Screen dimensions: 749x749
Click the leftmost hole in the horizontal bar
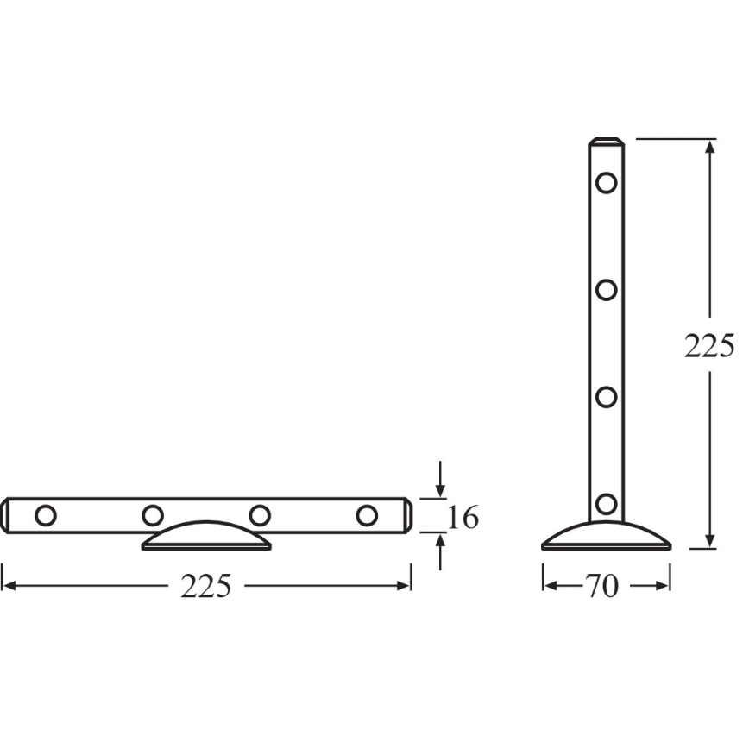tap(46, 516)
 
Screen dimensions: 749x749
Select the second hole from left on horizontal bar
tap(153, 516)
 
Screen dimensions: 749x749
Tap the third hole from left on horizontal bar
tap(260, 516)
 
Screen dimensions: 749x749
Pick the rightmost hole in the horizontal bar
tap(367, 516)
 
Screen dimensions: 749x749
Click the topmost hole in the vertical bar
tap(607, 183)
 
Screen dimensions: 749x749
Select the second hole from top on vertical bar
tap(607, 289)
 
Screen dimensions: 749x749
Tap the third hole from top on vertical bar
tap(607, 397)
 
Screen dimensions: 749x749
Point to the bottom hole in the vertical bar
tap(607, 504)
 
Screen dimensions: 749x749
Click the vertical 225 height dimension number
tap(708, 346)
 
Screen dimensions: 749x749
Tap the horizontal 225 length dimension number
tap(206, 587)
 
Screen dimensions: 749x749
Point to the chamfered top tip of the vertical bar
tap(607, 142)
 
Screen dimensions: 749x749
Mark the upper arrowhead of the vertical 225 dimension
tap(709, 147)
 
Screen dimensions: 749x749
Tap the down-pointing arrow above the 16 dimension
tap(441, 491)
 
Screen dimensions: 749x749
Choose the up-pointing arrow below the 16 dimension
tap(441, 541)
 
